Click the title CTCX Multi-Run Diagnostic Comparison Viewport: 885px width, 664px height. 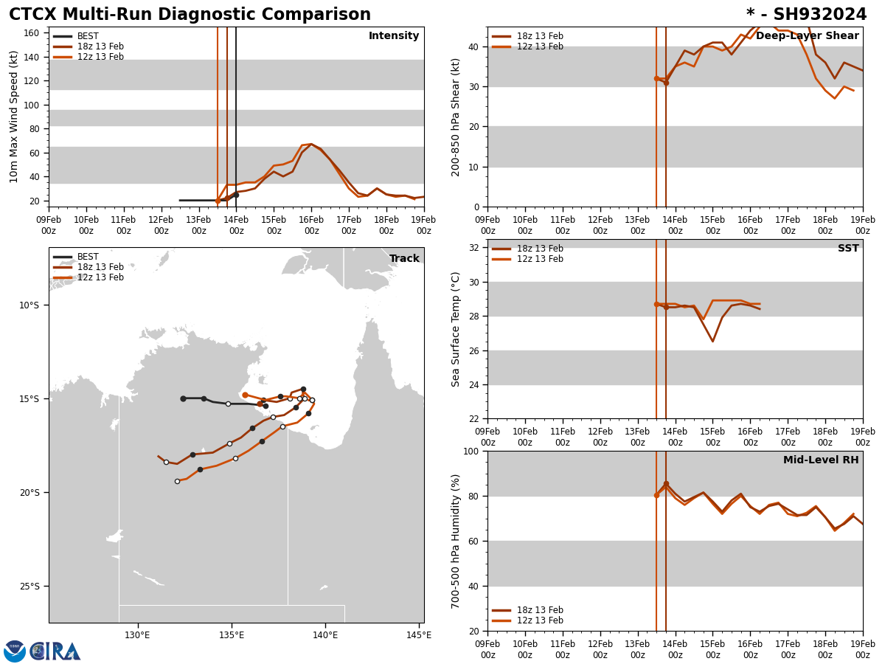[190, 15]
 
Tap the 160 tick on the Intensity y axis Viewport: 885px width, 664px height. [32, 33]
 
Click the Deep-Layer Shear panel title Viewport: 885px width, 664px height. [807, 36]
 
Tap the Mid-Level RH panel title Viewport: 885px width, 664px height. [821, 460]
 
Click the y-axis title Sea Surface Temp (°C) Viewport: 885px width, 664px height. [457, 329]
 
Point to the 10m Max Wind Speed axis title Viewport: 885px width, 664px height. [14, 117]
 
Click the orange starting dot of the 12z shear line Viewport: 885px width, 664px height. [656, 78]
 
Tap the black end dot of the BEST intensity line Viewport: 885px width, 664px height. [236, 195]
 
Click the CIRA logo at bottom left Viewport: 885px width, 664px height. [55, 651]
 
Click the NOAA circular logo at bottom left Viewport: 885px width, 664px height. [15, 651]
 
